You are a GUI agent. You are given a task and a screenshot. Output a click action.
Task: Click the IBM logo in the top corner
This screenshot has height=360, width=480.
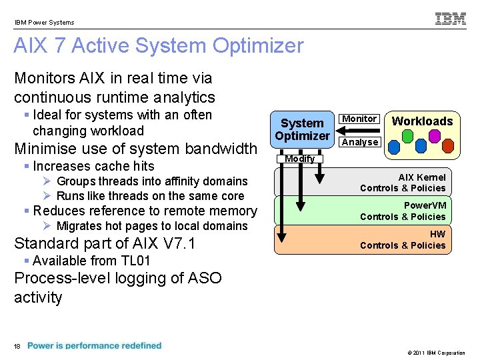tap(451, 19)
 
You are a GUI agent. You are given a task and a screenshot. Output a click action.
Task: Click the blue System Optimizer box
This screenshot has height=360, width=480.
tap(303, 129)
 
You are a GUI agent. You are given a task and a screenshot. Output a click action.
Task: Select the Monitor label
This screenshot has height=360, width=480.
tap(359, 119)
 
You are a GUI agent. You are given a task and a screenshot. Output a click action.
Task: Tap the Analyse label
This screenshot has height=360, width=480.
tap(360, 142)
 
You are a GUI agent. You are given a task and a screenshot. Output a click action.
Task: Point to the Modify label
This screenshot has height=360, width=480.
tap(300, 159)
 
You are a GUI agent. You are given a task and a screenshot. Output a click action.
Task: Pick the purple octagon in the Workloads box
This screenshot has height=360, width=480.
tap(435, 136)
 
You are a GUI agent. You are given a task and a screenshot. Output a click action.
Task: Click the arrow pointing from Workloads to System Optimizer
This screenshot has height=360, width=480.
tap(360, 130)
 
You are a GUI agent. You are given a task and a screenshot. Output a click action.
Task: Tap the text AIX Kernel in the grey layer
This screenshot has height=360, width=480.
tap(422, 177)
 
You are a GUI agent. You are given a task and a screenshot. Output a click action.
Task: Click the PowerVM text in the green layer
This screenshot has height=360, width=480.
tap(425, 205)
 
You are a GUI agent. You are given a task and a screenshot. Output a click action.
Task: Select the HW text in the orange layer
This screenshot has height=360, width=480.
tap(437, 234)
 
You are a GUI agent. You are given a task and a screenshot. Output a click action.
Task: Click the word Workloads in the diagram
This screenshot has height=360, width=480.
tap(422, 121)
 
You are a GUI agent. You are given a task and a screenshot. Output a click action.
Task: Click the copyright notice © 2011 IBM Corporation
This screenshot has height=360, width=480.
tap(431, 353)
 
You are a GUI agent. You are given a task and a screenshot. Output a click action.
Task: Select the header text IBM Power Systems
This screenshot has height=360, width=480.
tap(45, 22)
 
